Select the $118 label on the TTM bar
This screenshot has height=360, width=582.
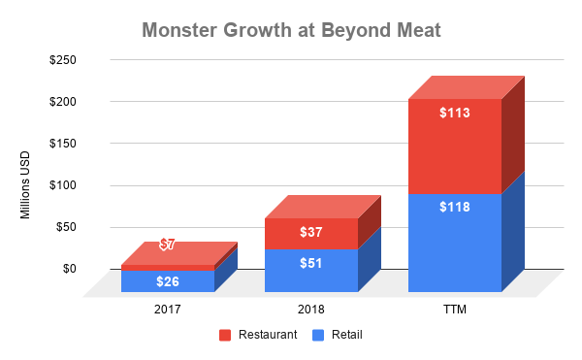tap(455, 207)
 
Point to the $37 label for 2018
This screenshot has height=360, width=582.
tap(311, 234)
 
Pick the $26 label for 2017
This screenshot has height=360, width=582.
tap(168, 281)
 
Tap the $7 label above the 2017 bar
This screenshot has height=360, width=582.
tap(168, 245)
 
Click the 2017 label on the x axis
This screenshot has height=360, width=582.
tap(168, 310)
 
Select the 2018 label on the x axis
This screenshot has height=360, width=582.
tap(311, 310)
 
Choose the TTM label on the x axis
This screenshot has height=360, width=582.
tap(455, 310)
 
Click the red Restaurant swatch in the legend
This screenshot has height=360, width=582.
tap(225, 336)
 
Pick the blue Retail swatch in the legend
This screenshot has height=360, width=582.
tap(317, 336)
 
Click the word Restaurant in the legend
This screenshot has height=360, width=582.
tap(265, 336)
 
